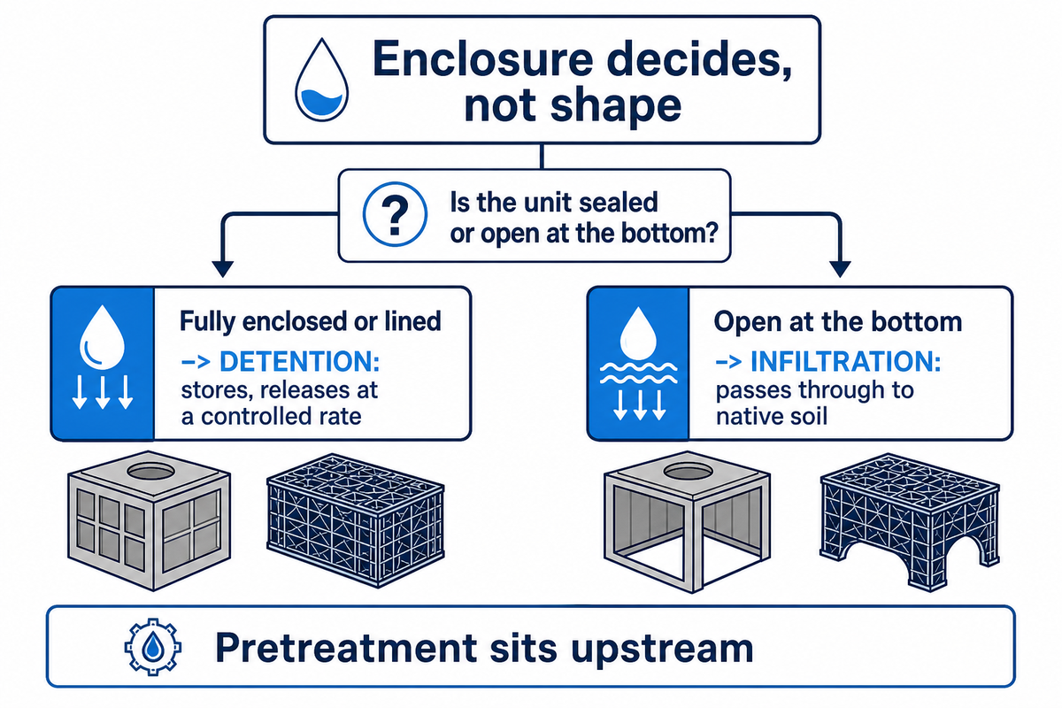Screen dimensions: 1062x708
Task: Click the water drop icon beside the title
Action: tap(322, 79)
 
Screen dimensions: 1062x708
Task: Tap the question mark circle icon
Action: tap(395, 214)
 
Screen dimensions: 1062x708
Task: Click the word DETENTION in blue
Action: tap(299, 361)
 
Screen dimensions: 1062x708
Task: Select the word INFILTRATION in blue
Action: tap(846, 361)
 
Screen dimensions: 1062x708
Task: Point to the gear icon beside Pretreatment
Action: tap(152, 647)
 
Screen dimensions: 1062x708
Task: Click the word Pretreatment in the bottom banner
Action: tap(347, 648)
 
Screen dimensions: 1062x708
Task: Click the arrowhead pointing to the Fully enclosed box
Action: tap(223, 268)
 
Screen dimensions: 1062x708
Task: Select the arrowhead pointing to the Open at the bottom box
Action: tap(840, 268)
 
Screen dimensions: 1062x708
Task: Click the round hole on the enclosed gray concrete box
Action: tap(150, 472)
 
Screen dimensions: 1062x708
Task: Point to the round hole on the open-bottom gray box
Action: tap(688, 472)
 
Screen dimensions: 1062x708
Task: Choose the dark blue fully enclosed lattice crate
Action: tap(356, 520)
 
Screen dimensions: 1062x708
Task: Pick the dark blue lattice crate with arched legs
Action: tap(910, 521)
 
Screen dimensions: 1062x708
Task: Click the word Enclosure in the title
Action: tap(482, 58)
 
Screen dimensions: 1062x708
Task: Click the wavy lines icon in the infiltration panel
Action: tap(639, 373)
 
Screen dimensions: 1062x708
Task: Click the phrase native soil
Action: tap(772, 417)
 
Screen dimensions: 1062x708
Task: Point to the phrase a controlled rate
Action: tap(271, 417)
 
